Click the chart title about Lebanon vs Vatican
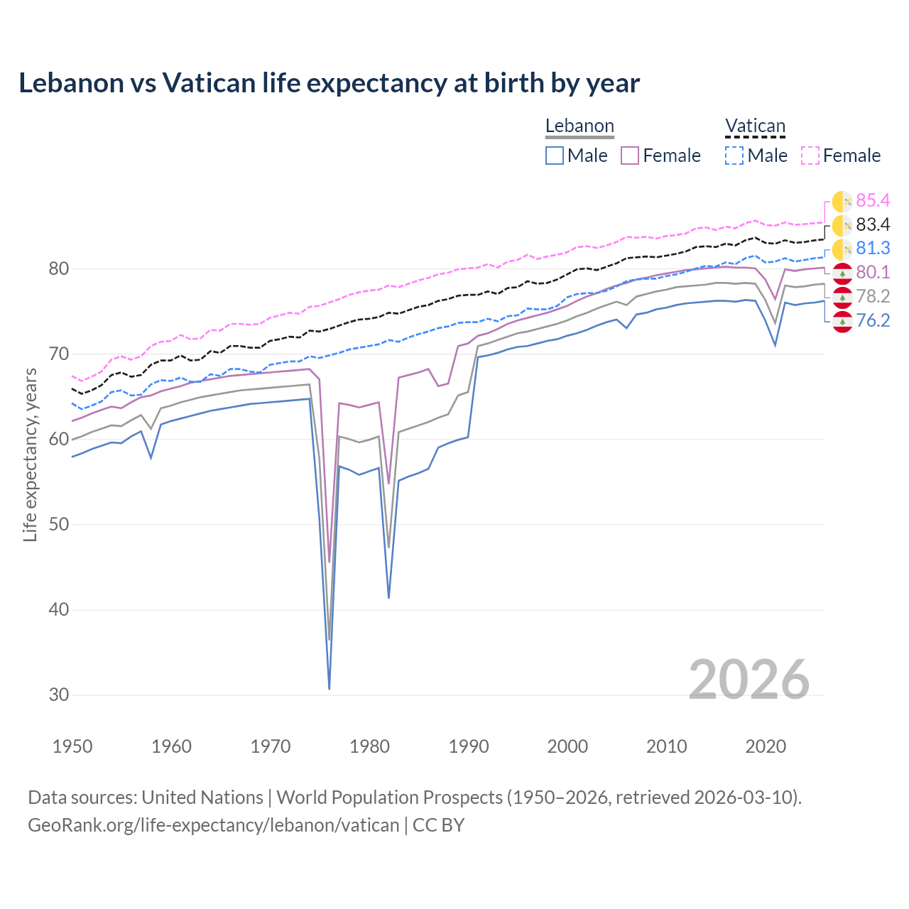click(x=329, y=83)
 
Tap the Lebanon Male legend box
click(x=555, y=156)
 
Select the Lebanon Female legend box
click(x=630, y=156)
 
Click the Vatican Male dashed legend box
click(x=734, y=156)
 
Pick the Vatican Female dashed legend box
click(x=810, y=156)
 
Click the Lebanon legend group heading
click(x=579, y=126)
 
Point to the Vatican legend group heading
click(x=755, y=126)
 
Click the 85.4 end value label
click(x=873, y=201)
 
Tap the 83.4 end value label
click(x=873, y=225)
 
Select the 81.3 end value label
click(x=873, y=249)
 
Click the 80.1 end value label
click(x=873, y=273)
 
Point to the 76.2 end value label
click(x=873, y=321)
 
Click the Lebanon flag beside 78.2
click(x=842, y=297)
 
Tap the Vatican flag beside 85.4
click(x=842, y=202)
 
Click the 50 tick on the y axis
click(x=59, y=525)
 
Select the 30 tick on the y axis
click(x=59, y=695)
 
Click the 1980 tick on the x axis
click(x=369, y=746)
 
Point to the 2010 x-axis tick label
click(x=666, y=746)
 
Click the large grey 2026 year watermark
click(x=749, y=680)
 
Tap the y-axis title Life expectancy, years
click(x=31, y=454)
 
